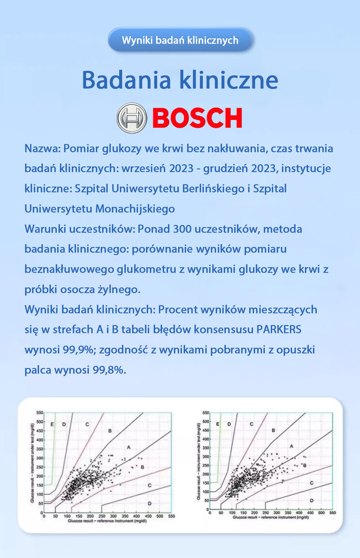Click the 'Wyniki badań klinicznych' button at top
180,40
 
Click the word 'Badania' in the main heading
126,80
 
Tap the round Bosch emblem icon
131,118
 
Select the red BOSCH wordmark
197,118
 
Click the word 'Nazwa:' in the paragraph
43,149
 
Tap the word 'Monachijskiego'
135,209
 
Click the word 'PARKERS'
279,330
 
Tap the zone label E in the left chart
52,424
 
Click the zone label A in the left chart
129,447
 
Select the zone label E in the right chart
218,424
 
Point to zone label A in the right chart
291,446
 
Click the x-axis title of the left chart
107,521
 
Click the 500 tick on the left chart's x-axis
160,516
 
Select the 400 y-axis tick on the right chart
206,439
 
